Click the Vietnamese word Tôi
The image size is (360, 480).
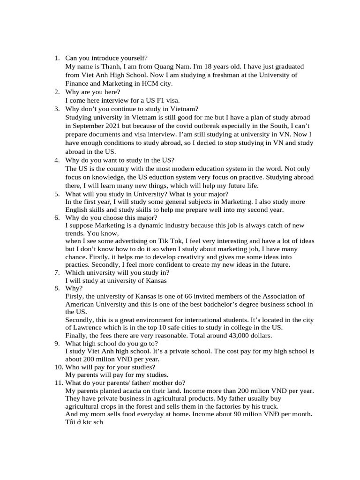tap(71, 422)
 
